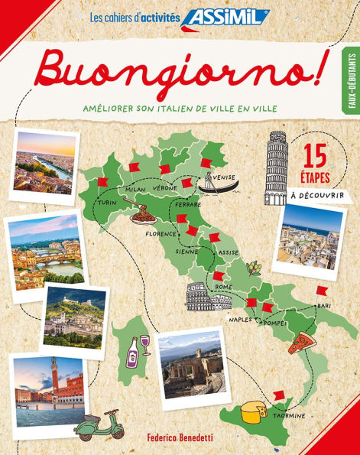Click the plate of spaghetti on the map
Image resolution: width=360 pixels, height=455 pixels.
pos(142,214)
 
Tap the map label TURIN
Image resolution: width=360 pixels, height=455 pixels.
pos(106,203)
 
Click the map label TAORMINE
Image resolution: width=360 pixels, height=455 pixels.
pos(291,415)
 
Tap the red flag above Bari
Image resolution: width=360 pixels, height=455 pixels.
pos(322,291)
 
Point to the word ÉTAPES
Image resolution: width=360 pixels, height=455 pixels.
pos(316,176)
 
